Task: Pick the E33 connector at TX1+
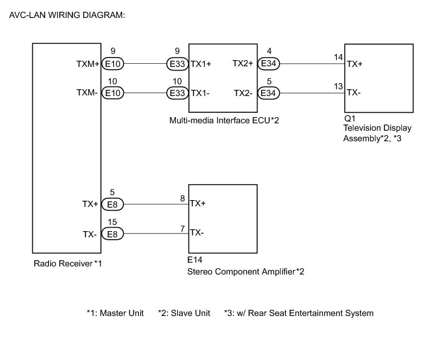[176, 63]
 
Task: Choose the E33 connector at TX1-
[176, 93]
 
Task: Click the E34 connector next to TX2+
[268, 63]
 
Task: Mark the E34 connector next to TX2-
[268, 93]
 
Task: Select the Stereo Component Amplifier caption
[245, 271]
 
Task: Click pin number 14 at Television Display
[338, 57]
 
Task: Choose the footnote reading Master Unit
[115, 313]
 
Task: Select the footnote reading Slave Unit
[184, 313]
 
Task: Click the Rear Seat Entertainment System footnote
[298, 313]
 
